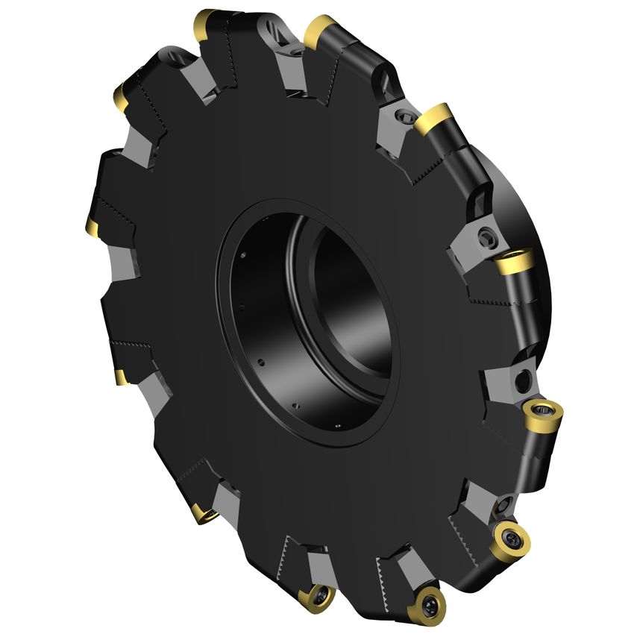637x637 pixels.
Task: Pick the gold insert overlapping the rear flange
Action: pos(515,262)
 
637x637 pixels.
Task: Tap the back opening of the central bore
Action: pos(351,298)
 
